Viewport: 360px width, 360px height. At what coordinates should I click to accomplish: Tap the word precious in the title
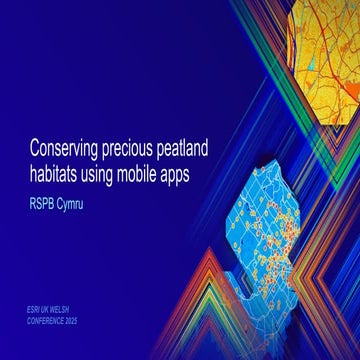click(x=139, y=148)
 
